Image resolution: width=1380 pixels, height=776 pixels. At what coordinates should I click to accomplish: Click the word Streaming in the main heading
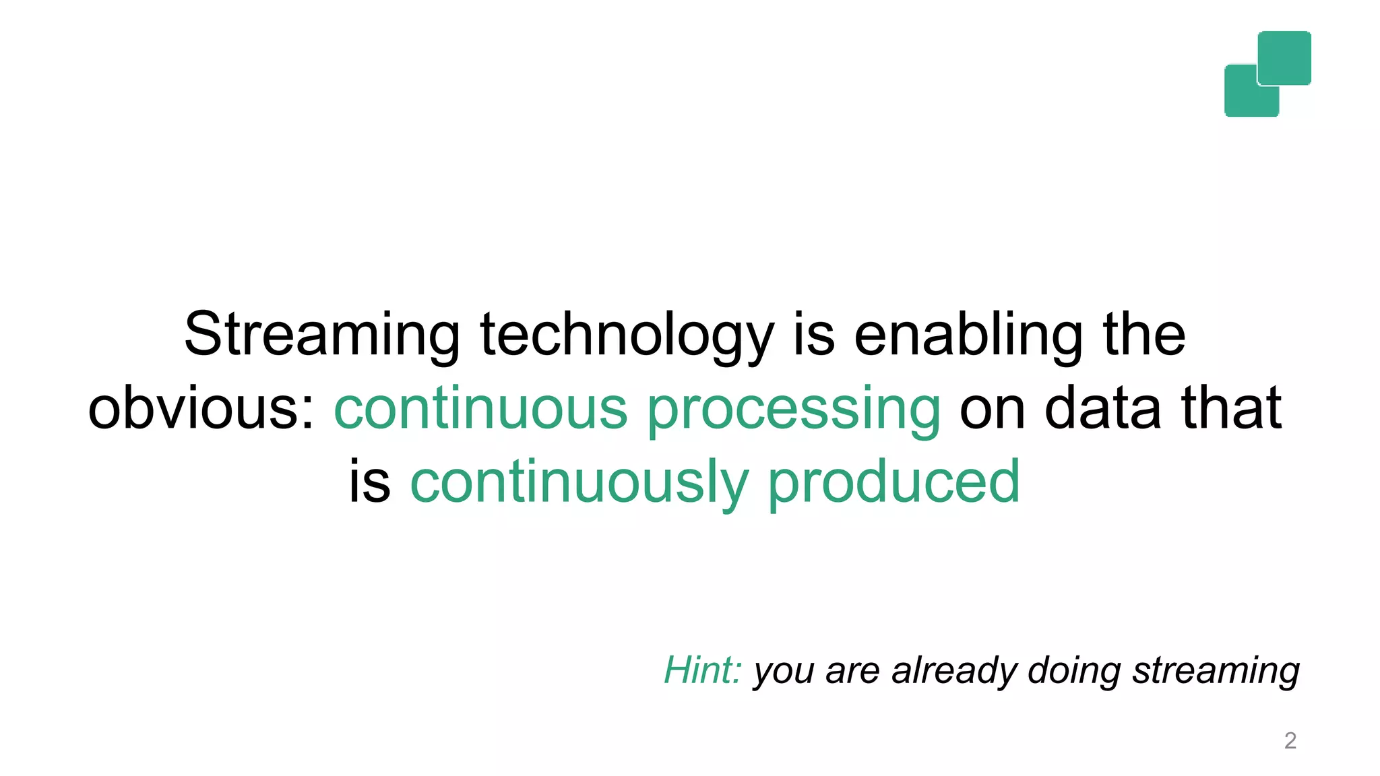click(x=321, y=335)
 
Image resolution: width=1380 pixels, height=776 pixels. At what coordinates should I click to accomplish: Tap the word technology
click(x=627, y=335)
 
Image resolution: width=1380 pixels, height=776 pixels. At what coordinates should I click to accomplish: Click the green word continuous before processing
click(x=480, y=408)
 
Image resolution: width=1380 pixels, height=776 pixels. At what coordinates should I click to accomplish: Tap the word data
click(x=1102, y=408)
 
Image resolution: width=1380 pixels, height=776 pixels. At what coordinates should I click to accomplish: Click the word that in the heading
click(x=1231, y=408)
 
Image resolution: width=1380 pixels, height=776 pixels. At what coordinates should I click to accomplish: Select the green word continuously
click(x=579, y=482)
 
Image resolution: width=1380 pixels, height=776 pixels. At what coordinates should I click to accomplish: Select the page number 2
click(x=1290, y=740)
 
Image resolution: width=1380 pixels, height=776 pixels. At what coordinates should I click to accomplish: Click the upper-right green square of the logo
click(x=1284, y=57)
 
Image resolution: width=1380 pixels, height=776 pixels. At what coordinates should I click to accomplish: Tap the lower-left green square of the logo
click(x=1244, y=98)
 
